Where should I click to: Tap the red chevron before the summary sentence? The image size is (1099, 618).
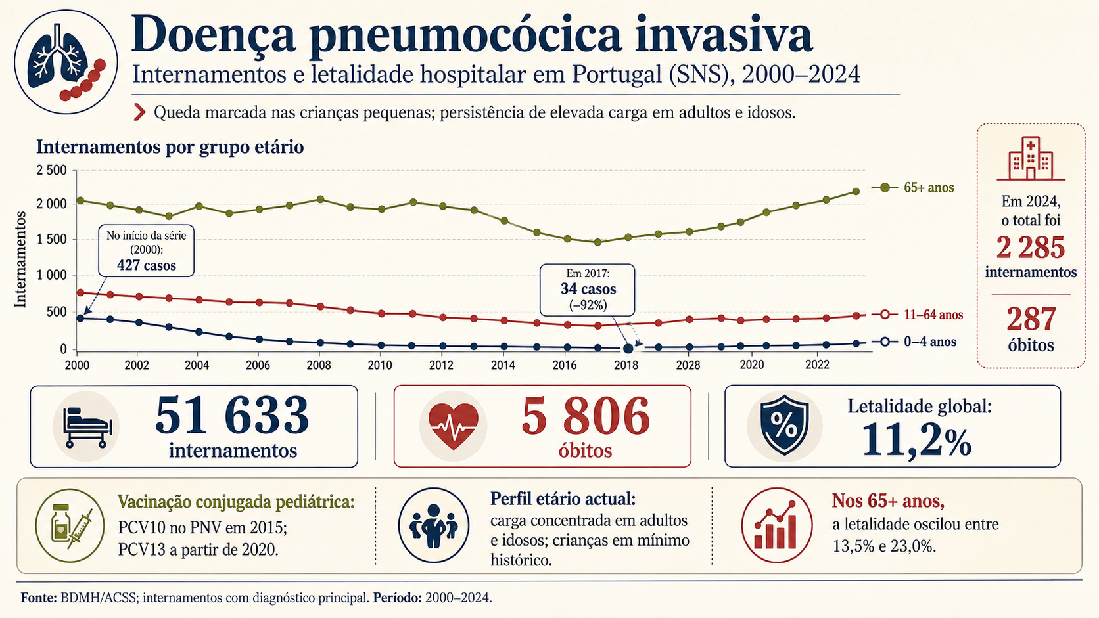(140, 112)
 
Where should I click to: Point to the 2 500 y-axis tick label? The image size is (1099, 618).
(51, 171)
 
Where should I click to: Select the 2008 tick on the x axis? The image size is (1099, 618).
(319, 365)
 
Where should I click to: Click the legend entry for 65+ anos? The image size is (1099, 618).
(913, 188)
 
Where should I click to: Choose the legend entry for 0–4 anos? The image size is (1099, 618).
(914, 342)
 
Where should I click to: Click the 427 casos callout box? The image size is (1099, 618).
(146, 251)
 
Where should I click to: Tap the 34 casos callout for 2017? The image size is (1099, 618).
(587, 290)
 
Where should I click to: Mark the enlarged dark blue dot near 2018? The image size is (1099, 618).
(628, 349)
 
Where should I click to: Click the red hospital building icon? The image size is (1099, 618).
(1031, 158)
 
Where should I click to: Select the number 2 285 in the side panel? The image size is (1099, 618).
(1031, 248)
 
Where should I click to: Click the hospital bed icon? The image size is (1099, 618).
(87, 426)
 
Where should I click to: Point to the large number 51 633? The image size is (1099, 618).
(232, 415)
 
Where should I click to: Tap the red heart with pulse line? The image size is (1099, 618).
(454, 426)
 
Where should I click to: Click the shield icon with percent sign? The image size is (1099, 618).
(785, 425)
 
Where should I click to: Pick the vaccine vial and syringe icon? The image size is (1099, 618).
(70, 525)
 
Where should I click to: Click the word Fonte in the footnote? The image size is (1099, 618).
(39, 598)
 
